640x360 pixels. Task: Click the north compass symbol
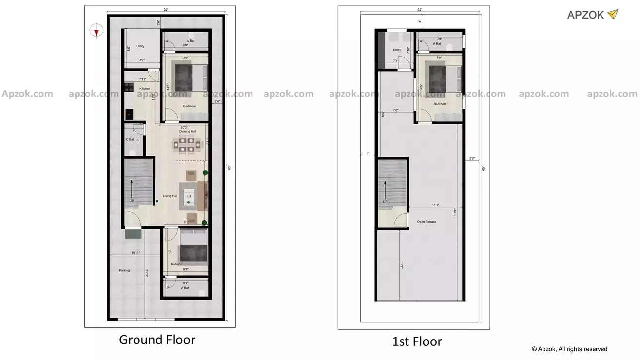(97, 31)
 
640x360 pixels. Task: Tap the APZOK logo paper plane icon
(613, 15)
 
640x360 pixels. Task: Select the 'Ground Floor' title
(157, 340)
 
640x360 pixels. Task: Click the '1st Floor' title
(417, 341)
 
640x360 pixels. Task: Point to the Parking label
(124, 270)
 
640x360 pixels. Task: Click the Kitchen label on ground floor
(145, 88)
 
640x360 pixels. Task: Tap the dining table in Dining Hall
(185, 145)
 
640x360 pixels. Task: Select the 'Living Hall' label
(170, 196)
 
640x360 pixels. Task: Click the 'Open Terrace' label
(427, 222)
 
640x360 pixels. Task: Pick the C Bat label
(130, 140)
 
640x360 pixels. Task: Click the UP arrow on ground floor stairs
(131, 188)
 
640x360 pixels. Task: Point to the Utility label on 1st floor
(397, 50)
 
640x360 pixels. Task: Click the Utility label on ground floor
(140, 46)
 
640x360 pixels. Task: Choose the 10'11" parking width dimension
(136, 253)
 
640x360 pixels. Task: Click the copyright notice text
(569, 349)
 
